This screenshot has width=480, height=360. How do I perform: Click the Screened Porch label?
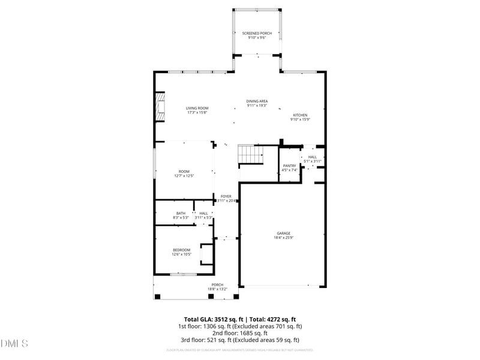[x=257, y=33]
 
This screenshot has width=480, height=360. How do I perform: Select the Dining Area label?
[x=257, y=101]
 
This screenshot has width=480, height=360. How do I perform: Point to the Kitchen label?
[x=300, y=115]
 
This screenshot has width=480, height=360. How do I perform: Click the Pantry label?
[x=290, y=166]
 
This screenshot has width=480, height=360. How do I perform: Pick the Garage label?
[x=283, y=233]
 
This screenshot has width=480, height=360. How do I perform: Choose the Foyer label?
[x=226, y=196]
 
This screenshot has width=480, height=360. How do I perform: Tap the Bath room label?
[x=181, y=213]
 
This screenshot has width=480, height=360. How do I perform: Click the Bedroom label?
[x=181, y=250]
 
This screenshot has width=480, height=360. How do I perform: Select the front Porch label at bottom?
[x=217, y=284]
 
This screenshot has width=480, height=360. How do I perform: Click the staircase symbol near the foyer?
[x=251, y=154]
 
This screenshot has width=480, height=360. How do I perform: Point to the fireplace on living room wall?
[x=160, y=107]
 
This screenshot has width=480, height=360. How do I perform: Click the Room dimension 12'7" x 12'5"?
[x=184, y=176]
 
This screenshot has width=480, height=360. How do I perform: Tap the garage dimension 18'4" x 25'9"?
[x=283, y=238]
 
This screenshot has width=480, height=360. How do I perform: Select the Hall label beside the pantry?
[x=313, y=157]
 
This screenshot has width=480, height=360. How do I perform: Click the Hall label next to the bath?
[x=203, y=213]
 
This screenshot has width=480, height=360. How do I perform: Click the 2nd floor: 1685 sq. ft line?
[x=239, y=333]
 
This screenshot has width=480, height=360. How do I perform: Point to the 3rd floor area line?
[x=239, y=340]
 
